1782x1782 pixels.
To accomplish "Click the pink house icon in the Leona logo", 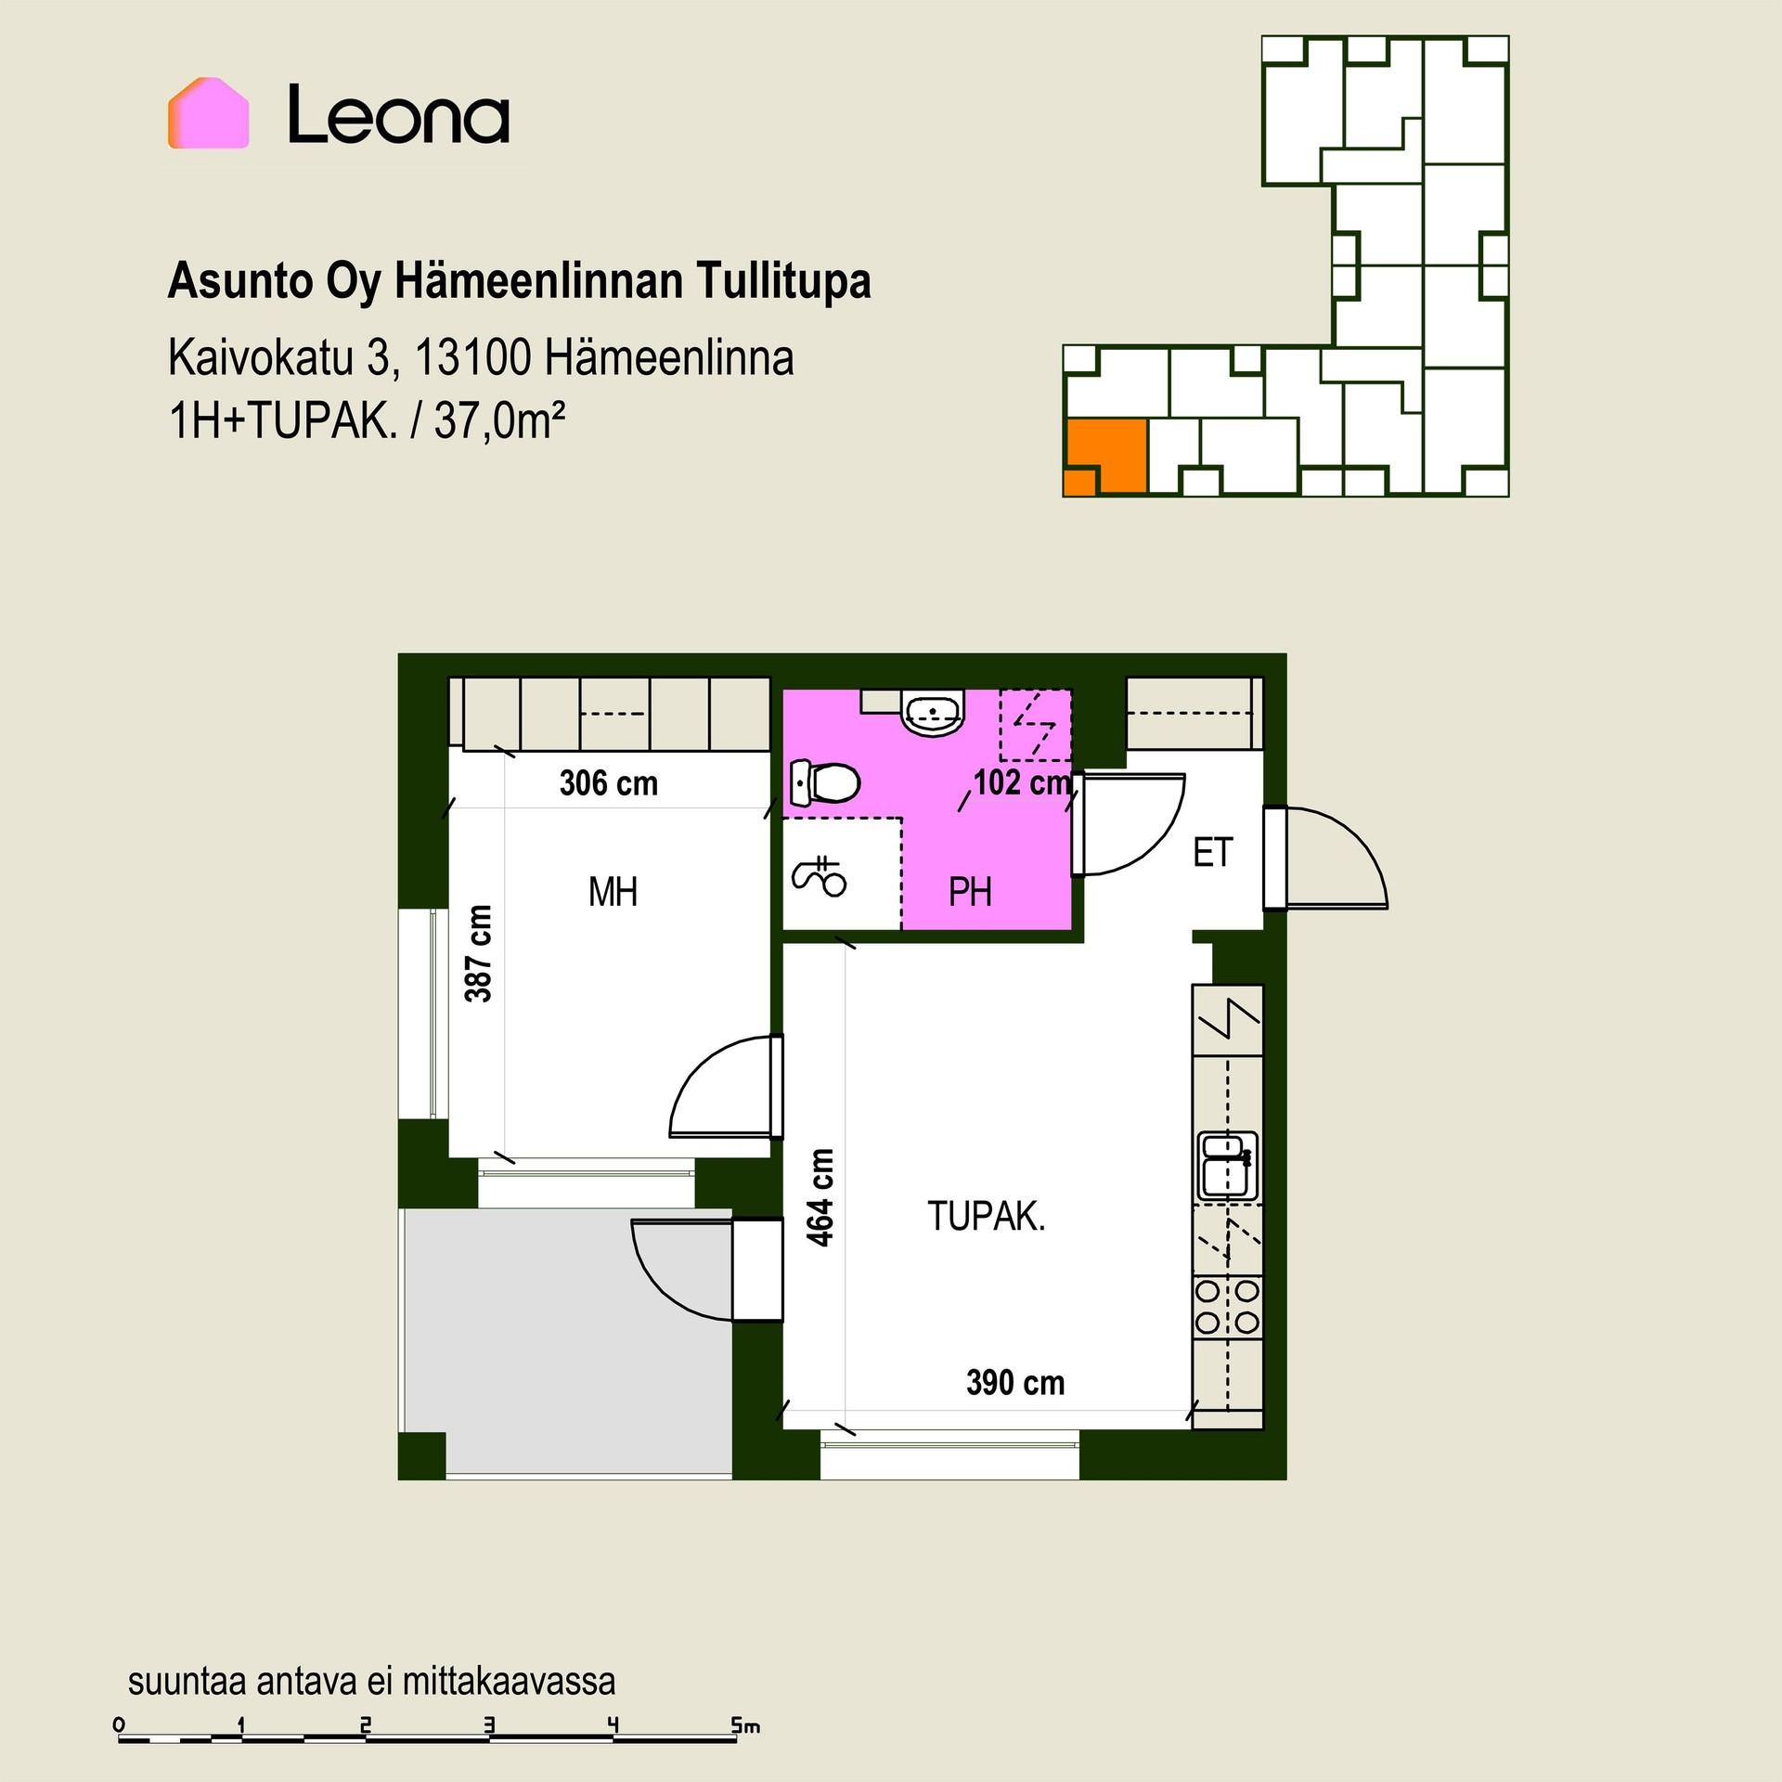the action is (x=208, y=113).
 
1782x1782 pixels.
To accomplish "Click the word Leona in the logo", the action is (x=398, y=115).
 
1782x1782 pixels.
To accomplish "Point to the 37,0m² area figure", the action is (x=500, y=421).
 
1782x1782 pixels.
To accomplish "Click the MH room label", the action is (x=613, y=893).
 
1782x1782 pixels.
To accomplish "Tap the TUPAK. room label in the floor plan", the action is (x=986, y=1216).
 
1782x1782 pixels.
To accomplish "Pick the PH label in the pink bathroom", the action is (x=970, y=892).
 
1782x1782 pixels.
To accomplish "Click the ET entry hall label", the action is (x=1212, y=853).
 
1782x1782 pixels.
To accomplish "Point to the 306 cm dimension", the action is (x=608, y=783).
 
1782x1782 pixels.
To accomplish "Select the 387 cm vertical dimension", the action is (x=479, y=953).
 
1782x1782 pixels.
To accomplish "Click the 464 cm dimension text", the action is (x=820, y=1197).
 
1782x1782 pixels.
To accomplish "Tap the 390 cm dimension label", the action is (x=1015, y=1383).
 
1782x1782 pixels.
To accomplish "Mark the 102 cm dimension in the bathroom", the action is (x=1022, y=783).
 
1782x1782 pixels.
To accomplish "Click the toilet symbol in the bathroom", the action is (x=824, y=783).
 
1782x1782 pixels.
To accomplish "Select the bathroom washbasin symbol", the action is (x=933, y=713).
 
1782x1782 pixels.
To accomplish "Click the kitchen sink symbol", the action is (x=1228, y=1166).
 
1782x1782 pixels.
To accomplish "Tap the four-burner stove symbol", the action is (x=1227, y=1306).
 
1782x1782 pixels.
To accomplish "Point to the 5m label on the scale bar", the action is (x=745, y=1725).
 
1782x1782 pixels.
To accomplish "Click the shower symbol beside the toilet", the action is (x=819, y=877).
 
